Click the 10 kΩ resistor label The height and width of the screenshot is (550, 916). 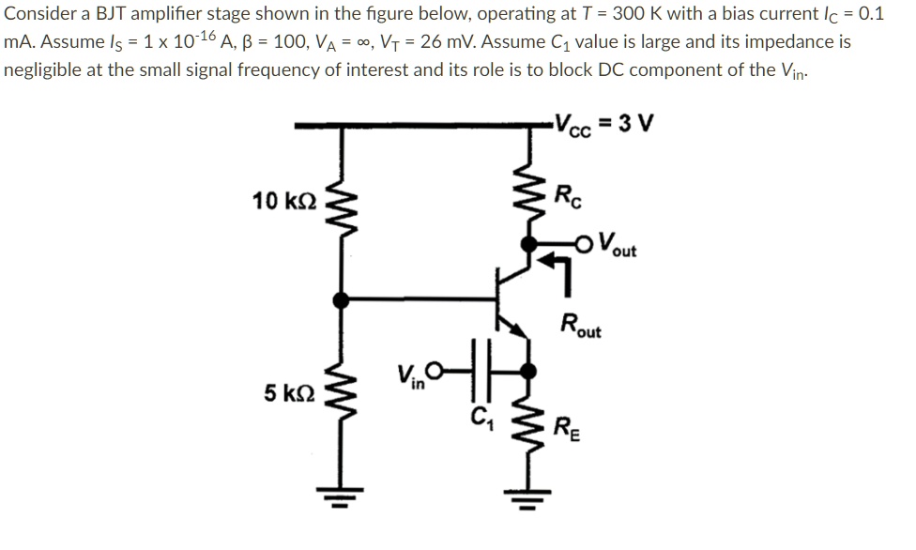point(285,200)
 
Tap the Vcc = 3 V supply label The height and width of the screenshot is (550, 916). point(605,124)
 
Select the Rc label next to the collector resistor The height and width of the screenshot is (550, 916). point(568,199)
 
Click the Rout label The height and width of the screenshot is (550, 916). point(581,325)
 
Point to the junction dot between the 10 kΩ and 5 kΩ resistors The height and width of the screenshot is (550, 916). point(340,299)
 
